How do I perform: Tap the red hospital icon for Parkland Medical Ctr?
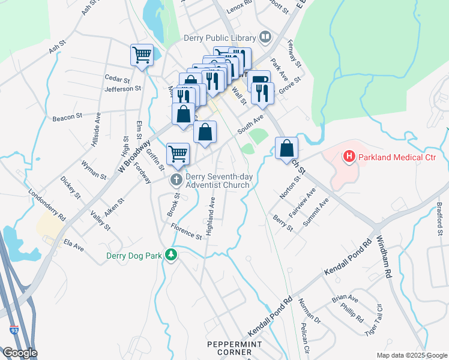point(348,157)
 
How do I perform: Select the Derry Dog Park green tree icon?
point(172,255)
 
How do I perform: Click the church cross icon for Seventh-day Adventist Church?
point(176,179)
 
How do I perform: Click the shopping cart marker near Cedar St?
point(142,55)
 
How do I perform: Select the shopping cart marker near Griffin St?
point(178,154)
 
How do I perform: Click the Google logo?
point(20,353)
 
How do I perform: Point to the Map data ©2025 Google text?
point(411,355)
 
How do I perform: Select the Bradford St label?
point(440,221)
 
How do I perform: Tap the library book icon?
point(264,38)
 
